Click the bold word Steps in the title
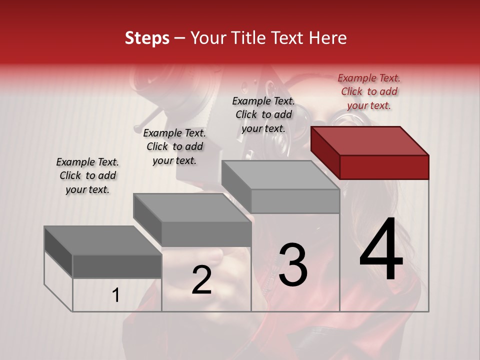147,38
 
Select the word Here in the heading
327,38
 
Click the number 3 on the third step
293,265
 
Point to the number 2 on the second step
201,280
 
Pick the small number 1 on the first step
116,295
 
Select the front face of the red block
384,167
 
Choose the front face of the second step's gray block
206,234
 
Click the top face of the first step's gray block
102,240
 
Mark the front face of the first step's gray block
117,266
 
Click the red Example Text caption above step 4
369,91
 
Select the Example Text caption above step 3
263,114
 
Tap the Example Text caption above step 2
174,146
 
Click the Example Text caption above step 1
87,175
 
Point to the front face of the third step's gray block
295,201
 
